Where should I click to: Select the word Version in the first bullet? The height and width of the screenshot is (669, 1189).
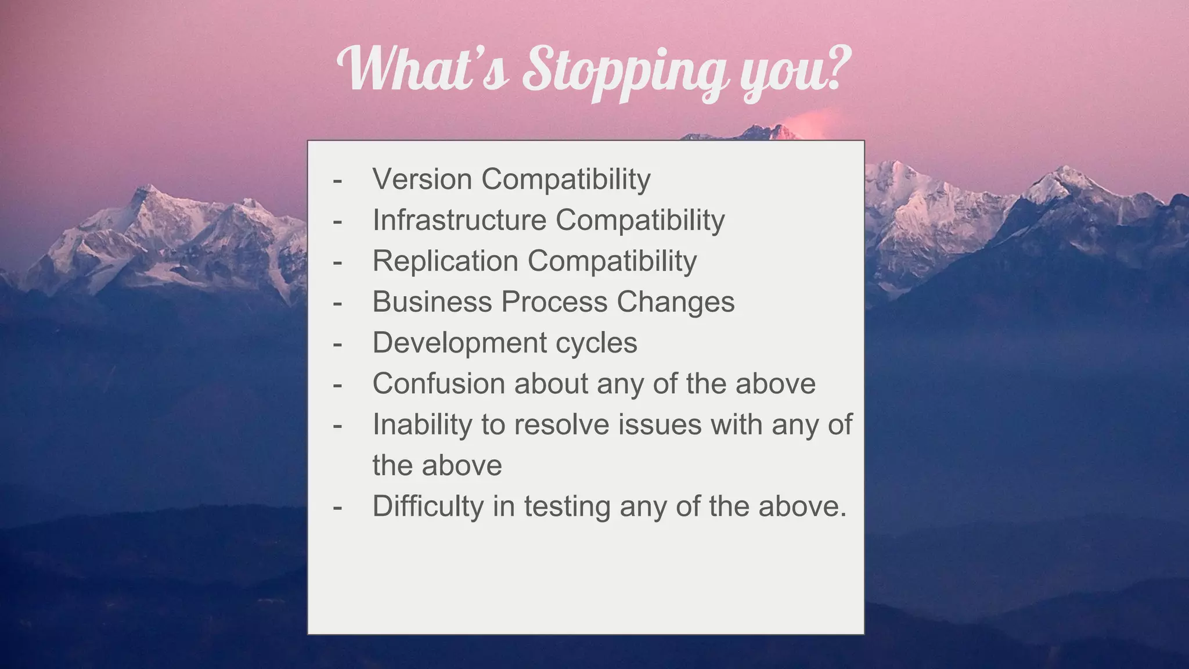click(x=422, y=179)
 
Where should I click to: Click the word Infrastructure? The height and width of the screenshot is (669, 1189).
click(x=459, y=220)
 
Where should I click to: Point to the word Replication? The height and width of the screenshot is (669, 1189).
click(x=445, y=261)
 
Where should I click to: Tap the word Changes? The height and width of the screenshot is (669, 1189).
click(x=675, y=302)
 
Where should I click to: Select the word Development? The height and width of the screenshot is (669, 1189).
click(x=459, y=343)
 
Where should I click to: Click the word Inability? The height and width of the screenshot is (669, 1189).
click(x=422, y=425)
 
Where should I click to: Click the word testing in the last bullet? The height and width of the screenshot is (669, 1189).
click(x=567, y=506)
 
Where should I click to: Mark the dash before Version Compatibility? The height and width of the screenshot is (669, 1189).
click(x=337, y=180)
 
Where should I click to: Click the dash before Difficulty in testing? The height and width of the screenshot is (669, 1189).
click(x=337, y=508)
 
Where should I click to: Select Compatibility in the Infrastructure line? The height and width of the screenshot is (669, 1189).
click(x=640, y=220)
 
